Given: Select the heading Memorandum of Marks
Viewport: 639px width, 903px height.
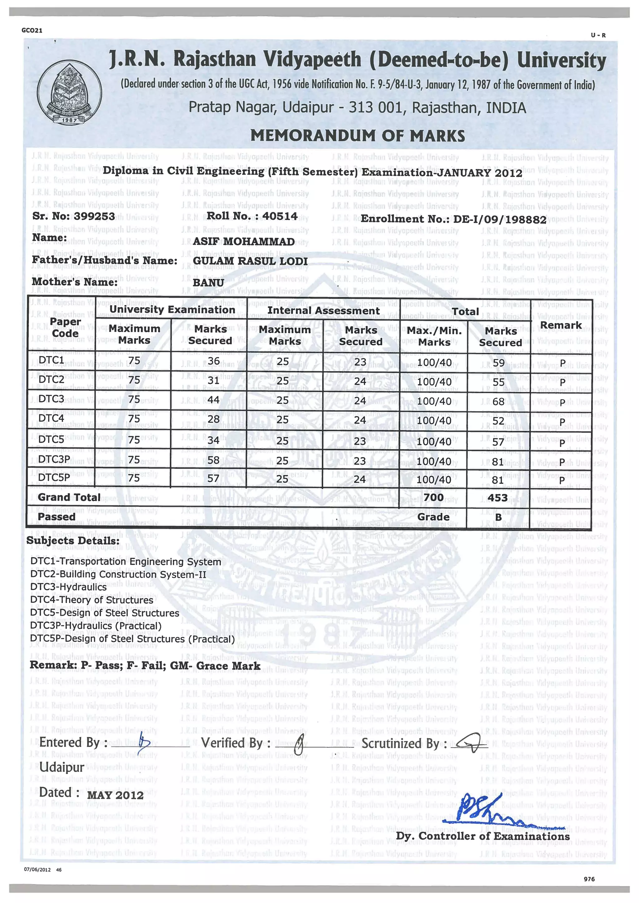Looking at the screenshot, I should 357,136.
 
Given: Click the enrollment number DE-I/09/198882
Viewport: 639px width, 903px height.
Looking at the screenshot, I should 500,219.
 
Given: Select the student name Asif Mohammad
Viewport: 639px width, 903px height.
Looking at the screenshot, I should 244,242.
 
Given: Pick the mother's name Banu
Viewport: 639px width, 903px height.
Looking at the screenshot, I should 208,282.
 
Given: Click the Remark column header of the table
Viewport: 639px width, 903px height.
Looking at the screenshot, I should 560,325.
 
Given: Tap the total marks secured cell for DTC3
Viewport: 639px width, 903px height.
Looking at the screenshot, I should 498,401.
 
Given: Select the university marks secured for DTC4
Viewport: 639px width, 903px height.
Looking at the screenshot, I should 213,419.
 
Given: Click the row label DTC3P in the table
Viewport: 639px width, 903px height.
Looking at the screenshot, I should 54,459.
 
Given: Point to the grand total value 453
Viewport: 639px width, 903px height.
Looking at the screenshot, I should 497,498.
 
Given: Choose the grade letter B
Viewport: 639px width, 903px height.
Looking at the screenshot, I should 498,517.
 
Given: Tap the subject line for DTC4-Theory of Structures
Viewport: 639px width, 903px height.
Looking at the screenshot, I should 92,600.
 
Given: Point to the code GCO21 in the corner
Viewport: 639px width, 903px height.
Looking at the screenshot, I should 32,30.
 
